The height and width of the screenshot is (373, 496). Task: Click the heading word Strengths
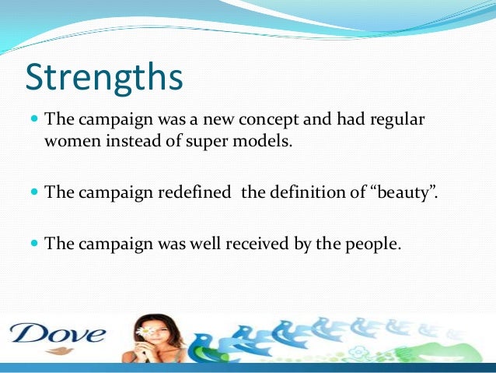pos(104,78)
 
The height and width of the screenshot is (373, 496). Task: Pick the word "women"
pos(72,143)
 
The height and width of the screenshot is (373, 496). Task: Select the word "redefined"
pos(199,193)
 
